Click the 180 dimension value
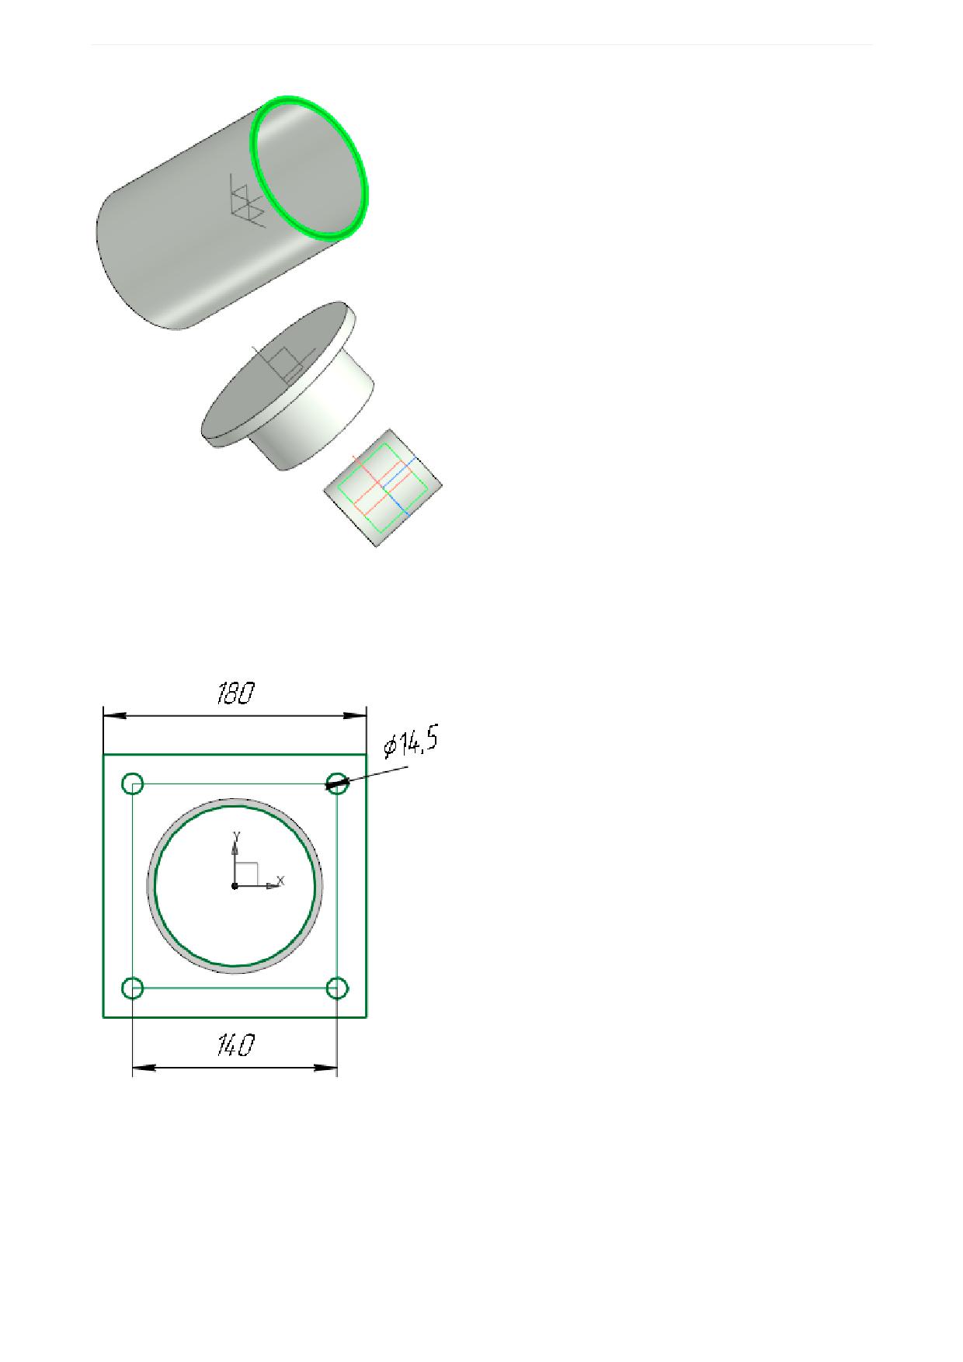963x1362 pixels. point(235,693)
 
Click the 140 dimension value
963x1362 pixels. point(235,1046)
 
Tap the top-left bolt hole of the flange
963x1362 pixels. point(133,783)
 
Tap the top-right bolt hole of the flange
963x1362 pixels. point(337,783)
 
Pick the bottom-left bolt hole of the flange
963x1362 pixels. point(133,988)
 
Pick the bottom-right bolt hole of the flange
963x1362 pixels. point(337,988)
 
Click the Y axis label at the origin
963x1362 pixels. point(237,835)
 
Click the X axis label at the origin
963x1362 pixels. point(281,881)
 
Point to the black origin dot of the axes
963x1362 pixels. point(235,885)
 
